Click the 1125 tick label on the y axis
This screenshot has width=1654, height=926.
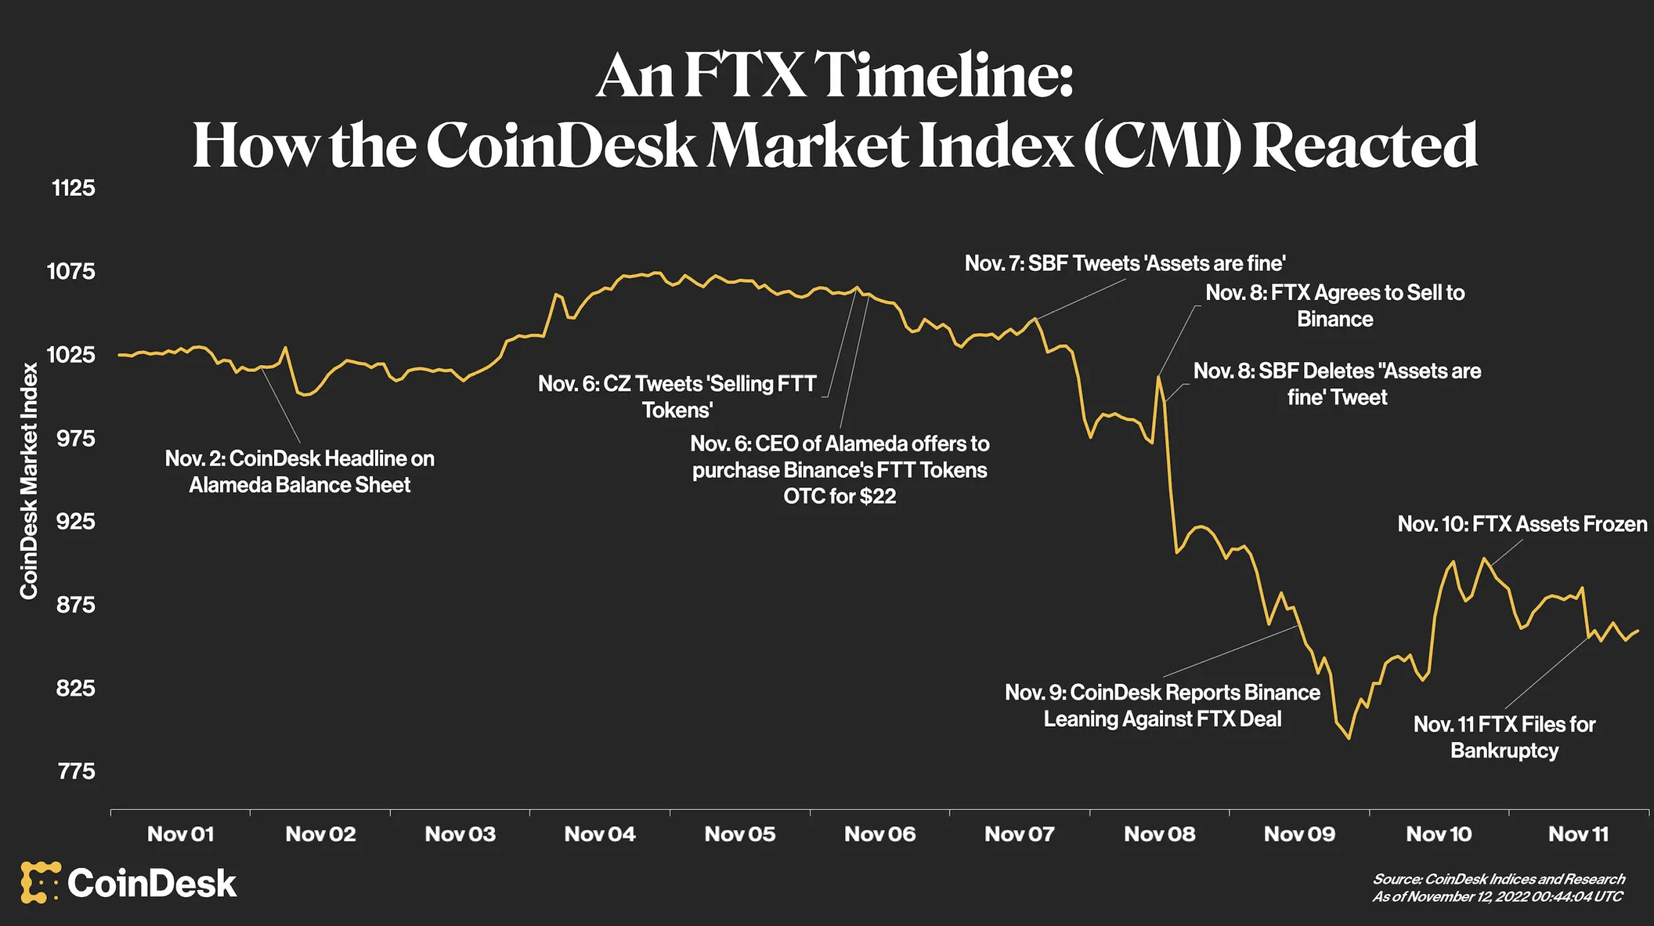tap(73, 188)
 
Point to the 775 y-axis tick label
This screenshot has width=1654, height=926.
tap(76, 772)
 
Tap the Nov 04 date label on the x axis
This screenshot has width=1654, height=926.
tap(599, 834)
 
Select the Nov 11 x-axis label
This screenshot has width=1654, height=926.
tap(1578, 834)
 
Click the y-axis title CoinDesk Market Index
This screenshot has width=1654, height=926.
tap(29, 480)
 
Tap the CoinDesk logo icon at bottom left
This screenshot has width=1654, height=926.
tap(40, 883)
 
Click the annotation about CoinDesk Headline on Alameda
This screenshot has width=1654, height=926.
tap(299, 472)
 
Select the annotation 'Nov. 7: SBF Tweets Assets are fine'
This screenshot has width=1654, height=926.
tap(1125, 263)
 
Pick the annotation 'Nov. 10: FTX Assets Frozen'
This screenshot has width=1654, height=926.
tap(1522, 524)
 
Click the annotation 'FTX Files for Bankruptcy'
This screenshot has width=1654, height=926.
tap(1504, 737)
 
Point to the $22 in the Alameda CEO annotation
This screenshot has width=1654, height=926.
tap(878, 497)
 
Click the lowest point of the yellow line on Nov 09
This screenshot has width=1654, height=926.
tap(1349, 738)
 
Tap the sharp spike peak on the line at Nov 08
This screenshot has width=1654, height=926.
tap(1157, 378)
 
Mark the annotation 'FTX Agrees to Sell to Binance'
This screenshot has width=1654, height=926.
tap(1334, 306)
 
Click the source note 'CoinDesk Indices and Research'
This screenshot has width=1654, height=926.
tap(1498, 879)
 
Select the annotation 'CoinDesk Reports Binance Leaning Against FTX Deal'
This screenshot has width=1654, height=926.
tap(1162, 706)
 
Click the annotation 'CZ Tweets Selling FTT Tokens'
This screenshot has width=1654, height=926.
tap(677, 396)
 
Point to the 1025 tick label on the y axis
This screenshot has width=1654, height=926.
tap(71, 355)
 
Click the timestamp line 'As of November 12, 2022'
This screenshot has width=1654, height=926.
tap(1497, 896)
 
